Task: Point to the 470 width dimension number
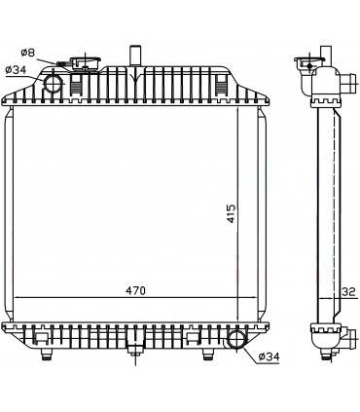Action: coord(136,289)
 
